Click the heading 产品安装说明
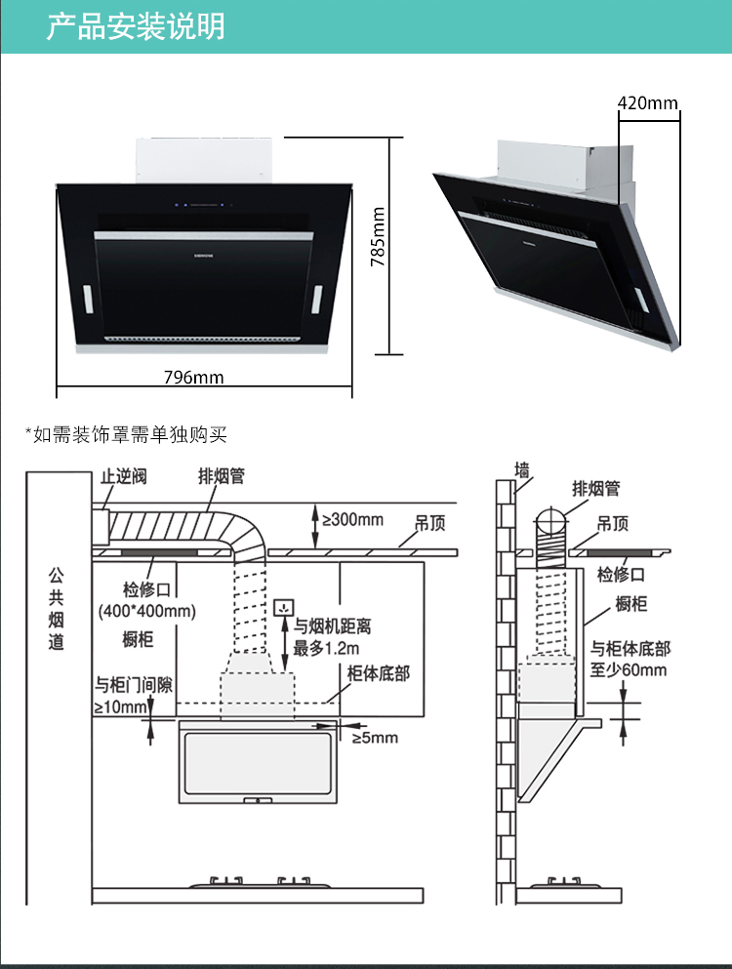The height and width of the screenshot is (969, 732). point(136,26)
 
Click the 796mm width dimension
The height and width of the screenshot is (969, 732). point(193,377)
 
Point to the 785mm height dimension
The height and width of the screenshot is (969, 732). point(378,237)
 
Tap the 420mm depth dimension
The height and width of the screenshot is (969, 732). point(648,102)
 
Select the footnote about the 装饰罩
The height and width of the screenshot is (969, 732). point(126,434)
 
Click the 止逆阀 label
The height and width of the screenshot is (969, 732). point(124,476)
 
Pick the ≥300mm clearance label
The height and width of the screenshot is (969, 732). point(352,520)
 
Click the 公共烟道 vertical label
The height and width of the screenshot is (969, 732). point(57,609)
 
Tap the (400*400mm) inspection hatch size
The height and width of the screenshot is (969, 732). point(147,611)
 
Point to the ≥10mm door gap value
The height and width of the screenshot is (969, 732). point(121,707)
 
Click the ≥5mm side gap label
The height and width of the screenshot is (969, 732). point(375,738)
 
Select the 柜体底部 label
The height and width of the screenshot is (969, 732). point(379,673)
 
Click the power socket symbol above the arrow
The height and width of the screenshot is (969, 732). point(284,607)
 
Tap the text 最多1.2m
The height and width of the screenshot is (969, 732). point(326,648)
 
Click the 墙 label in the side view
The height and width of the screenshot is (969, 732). point(522,470)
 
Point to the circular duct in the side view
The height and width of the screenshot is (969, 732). point(550,522)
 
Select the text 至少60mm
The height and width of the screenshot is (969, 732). point(629,669)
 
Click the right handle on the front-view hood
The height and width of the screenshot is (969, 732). point(316,300)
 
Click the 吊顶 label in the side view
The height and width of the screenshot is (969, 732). point(613,524)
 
